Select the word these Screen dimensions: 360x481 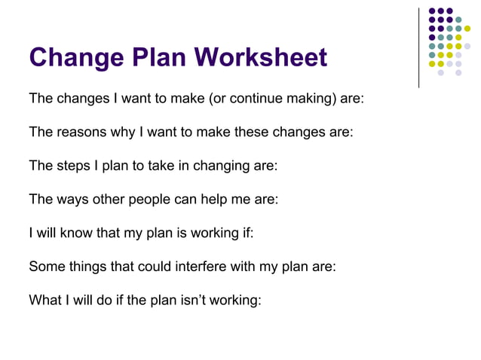256,132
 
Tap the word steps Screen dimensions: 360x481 71,165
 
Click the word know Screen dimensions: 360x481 74,232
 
